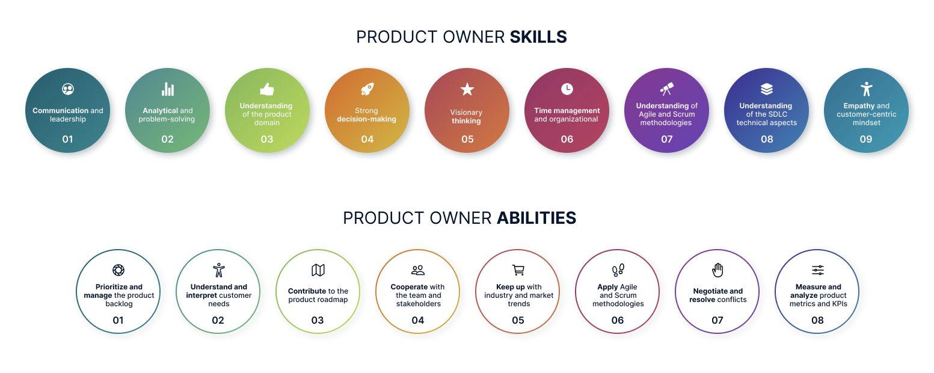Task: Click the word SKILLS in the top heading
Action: [538, 37]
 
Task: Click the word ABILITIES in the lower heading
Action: [536, 218]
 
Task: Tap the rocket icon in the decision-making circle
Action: [367, 89]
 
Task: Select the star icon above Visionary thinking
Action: [467, 90]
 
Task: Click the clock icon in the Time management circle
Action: [567, 89]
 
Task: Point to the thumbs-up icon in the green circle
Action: [267, 89]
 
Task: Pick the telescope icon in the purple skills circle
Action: [666, 89]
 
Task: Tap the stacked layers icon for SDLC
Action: [766, 89]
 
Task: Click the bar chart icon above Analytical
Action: [167, 89]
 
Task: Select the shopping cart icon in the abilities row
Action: [518, 270]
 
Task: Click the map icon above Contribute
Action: [318, 270]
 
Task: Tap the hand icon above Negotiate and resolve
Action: [717, 270]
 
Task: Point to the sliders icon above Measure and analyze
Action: [817, 270]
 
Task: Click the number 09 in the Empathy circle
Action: [865, 139]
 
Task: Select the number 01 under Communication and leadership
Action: [67, 139]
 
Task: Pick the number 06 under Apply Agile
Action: [618, 320]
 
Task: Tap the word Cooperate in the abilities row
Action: [409, 287]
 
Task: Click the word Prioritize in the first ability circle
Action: [111, 287]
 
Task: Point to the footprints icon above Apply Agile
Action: [618, 270]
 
